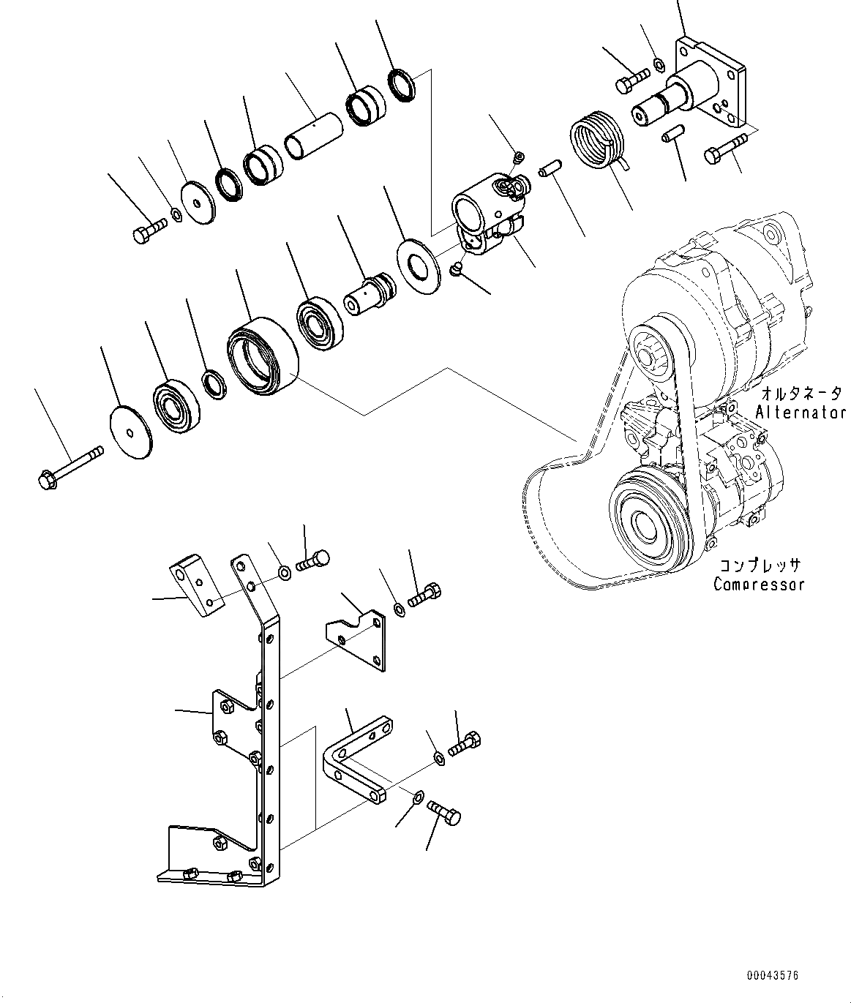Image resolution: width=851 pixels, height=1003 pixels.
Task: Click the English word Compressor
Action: (x=759, y=585)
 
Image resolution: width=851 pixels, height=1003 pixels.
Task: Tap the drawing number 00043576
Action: (x=773, y=976)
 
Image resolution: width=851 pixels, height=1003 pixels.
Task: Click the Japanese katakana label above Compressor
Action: (x=759, y=566)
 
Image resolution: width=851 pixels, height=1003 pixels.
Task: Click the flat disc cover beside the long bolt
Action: (x=130, y=432)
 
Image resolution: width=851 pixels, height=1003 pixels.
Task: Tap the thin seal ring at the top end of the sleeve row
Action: (x=401, y=84)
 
